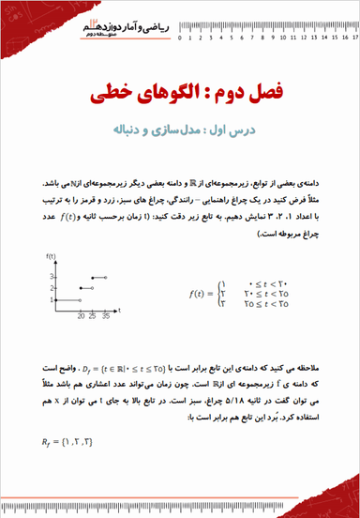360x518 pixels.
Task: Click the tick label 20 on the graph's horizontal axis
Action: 82,317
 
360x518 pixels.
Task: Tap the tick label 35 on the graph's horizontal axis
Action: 106,317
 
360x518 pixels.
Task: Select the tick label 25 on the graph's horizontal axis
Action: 93,317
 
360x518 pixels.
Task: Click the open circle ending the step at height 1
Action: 82,299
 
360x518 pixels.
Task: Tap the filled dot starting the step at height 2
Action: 82,287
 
